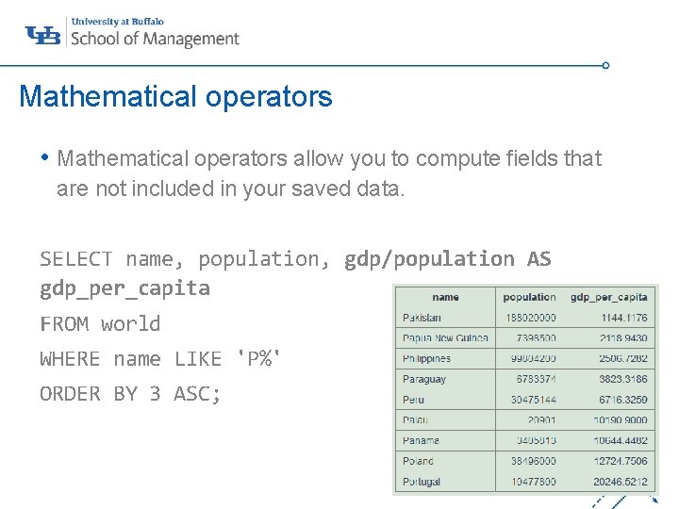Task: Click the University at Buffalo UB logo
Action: coord(43,35)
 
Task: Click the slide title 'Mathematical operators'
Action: coord(175,96)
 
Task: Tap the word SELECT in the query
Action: coord(75,258)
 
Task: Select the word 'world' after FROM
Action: coord(130,323)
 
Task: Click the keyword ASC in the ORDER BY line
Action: coord(197,393)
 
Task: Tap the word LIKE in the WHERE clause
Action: coord(199,358)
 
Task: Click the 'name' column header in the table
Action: coord(445,297)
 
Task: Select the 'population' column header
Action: coord(529,297)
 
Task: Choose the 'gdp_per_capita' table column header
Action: coord(609,297)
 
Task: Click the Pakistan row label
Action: coord(422,318)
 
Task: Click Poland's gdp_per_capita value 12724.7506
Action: coord(621,461)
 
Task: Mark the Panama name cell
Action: coord(421,440)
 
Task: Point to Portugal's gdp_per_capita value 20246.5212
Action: coord(621,482)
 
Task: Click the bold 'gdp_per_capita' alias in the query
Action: coord(124,287)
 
